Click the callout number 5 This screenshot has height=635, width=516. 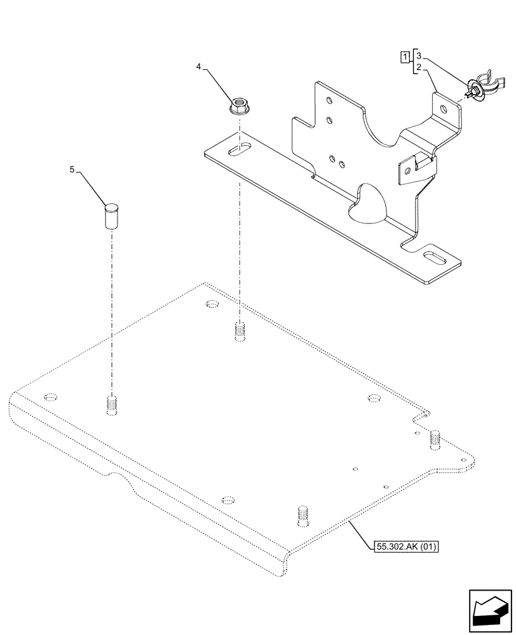pos(72,170)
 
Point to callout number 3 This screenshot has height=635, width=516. pos(419,57)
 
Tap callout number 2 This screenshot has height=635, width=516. pos(419,67)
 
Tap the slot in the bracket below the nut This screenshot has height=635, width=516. pos(240,150)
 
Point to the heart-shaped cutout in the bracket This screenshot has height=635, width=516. pos(372,203)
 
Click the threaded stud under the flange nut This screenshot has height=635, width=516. pos(239,332)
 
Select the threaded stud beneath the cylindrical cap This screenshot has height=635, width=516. pos(111,404)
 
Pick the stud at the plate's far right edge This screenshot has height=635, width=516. pos(435,438)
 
